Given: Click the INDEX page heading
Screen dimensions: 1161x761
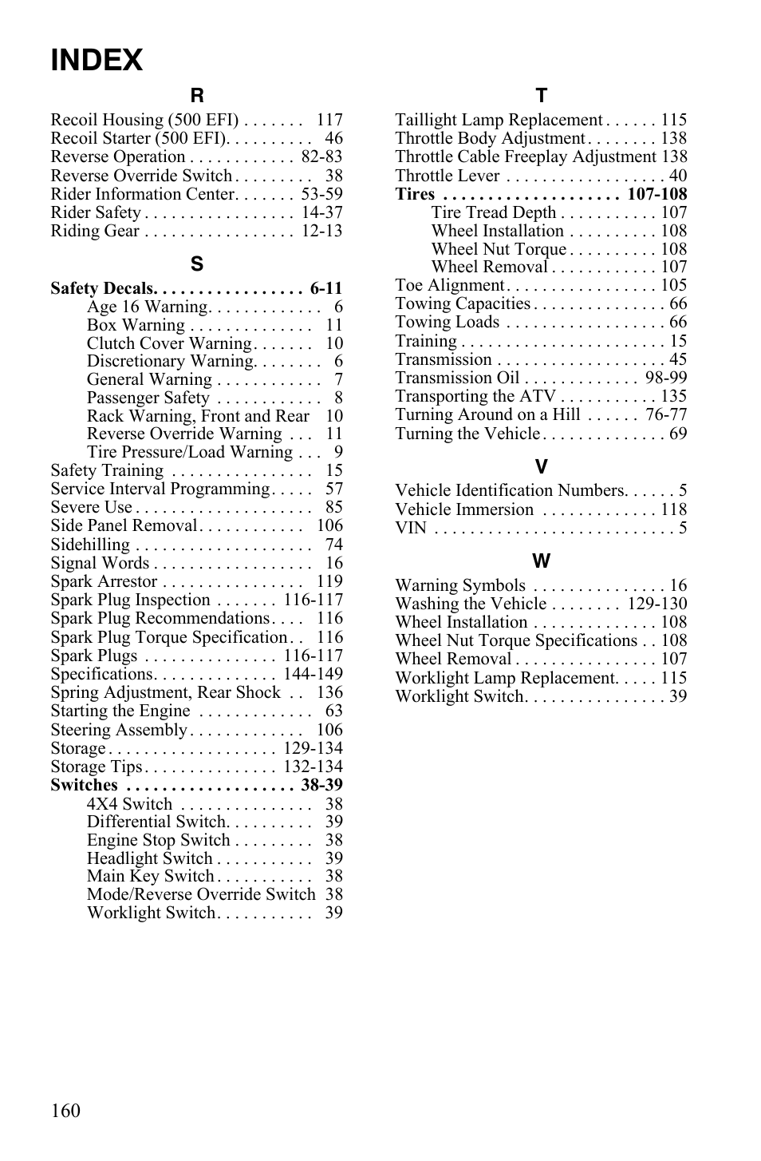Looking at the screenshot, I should coord(97,61).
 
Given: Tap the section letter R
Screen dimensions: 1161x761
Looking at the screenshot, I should coord(196,97).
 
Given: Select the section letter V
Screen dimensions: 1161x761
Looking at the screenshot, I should coord(541,467).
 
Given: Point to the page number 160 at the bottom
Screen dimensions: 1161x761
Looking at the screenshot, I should coord(65,1111).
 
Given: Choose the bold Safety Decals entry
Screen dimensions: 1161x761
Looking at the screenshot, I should coord(101,288).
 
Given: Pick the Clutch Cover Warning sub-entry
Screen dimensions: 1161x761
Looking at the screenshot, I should coord(168,343).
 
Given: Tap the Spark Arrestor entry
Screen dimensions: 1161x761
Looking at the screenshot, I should coord(104,581).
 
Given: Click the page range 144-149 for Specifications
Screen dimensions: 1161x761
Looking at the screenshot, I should coord(313,674).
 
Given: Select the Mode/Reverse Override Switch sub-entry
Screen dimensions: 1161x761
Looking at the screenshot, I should coord(201,894).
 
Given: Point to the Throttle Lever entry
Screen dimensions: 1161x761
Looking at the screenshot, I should coord(447,176).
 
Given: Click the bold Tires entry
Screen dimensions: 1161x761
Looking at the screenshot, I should coord(415,194).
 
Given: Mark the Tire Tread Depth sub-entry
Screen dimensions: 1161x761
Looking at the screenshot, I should coord(493,212).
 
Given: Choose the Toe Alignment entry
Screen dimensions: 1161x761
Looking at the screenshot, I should coord(449,285).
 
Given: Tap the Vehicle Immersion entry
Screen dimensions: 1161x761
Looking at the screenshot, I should coord(464,509).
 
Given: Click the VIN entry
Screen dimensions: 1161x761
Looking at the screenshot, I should coord(411,528).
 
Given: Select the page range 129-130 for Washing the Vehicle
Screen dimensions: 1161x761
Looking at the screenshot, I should coord(657,604).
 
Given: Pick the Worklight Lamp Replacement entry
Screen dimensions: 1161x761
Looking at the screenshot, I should coord(505,678).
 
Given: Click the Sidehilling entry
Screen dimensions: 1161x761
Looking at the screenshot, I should coord(90,545).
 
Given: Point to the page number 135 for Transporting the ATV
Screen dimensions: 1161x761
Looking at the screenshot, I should coord(673,396).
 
